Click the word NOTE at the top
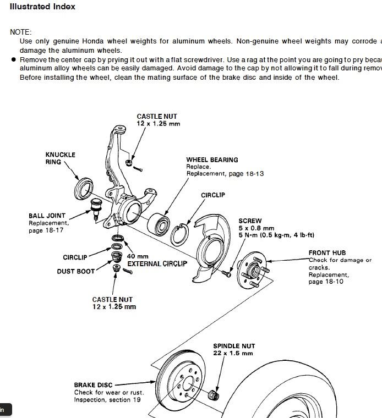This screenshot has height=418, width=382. coord(21,32)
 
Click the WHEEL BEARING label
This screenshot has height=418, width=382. coord(212,160)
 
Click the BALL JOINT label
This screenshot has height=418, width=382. coord(47,216)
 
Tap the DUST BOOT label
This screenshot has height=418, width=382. coord(75,271)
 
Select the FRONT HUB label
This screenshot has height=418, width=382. coord(327,254)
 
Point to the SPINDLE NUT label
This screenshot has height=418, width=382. coord(234,346)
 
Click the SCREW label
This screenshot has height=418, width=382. coord(250,221)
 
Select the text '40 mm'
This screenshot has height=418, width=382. coord(138,256)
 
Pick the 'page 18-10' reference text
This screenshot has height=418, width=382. coord(326,282)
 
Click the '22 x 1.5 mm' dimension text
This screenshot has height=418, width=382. coord(234,353)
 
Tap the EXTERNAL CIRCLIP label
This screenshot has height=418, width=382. coord(157,264)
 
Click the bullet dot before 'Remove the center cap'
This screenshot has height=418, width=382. coord(12,59)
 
